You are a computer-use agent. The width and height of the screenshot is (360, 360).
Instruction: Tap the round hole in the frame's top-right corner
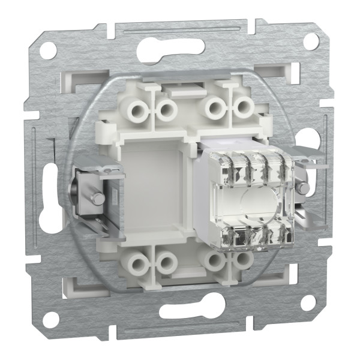coord(310,41)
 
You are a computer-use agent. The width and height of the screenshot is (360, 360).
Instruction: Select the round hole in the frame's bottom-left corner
coord(50,319)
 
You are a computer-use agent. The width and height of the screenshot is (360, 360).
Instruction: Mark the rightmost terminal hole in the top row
coord(242,108)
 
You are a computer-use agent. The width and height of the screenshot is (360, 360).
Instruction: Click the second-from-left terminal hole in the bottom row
coord(165,263)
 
